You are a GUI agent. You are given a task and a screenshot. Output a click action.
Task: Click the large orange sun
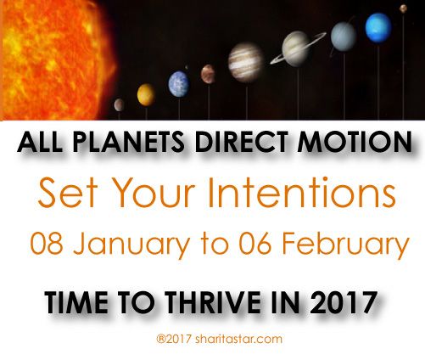click(x=57, y=59)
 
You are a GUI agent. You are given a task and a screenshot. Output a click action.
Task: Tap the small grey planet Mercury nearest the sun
click(x=119, y=105)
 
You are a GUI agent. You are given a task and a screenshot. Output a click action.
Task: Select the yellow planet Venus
click(x=146, y=95)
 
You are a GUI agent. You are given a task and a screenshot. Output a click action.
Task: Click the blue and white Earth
click(x=179, y=84)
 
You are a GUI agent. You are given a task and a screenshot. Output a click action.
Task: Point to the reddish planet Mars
click(x=208, y=74)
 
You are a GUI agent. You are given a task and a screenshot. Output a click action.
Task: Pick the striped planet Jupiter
click(x=246, y=63)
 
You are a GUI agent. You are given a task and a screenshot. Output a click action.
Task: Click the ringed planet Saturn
click(x=298, y=49)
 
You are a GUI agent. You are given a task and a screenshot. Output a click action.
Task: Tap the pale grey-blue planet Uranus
click(x=344, y=37)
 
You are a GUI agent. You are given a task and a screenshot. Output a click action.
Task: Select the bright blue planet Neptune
click(x=378, y=28)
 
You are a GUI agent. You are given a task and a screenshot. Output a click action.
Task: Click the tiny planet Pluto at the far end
click(x=403, y=8)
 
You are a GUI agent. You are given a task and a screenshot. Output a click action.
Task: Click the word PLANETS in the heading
click(x=128, y=142)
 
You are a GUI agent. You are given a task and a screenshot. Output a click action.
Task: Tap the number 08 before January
click(x=47, y=244)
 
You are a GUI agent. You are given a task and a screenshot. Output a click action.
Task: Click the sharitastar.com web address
click(x=238, y=339)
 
